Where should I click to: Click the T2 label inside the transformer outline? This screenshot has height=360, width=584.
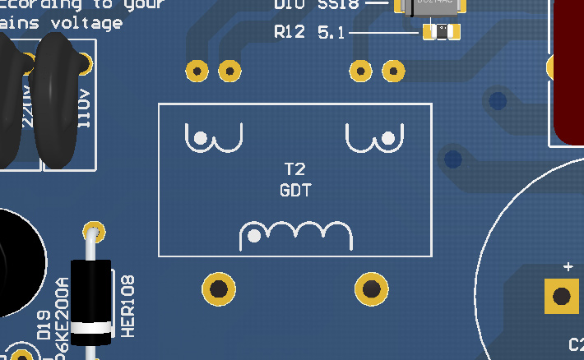point(294,170)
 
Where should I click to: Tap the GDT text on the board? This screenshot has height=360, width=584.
point(294,189)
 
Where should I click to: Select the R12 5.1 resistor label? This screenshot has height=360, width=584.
point(308,33)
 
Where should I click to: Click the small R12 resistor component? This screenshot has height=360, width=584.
point(441,32)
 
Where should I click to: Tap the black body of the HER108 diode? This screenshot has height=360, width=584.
point(90,292)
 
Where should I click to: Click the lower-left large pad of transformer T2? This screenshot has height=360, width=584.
point(219,288)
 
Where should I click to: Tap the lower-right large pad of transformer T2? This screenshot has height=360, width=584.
point(371,288)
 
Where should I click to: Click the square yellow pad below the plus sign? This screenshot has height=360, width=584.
point(563,296)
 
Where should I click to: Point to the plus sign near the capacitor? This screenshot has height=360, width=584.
point(568,267)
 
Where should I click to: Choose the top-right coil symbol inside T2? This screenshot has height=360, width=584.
point(375,138)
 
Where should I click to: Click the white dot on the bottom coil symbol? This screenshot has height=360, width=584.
point(255,237)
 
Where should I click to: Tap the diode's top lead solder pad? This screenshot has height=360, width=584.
point(95,229)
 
